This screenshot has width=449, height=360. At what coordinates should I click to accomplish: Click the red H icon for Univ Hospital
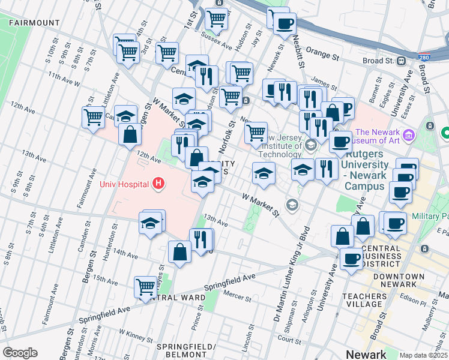pyautogui.click(x=158, y=183)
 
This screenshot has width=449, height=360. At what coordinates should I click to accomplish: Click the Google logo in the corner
pyautogui.click(x=20, y=353)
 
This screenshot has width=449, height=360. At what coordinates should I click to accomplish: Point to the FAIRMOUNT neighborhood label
pyautogui.click(x=34, y=23)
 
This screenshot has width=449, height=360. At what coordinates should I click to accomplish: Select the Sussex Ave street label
pyautogui.click(x=219, y=44)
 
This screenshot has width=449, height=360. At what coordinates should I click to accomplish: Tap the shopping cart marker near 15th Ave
pyautogui.click(x=146, y=286)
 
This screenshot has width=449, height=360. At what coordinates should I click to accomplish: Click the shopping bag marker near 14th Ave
pyautogui.click(x=179, y=252)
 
